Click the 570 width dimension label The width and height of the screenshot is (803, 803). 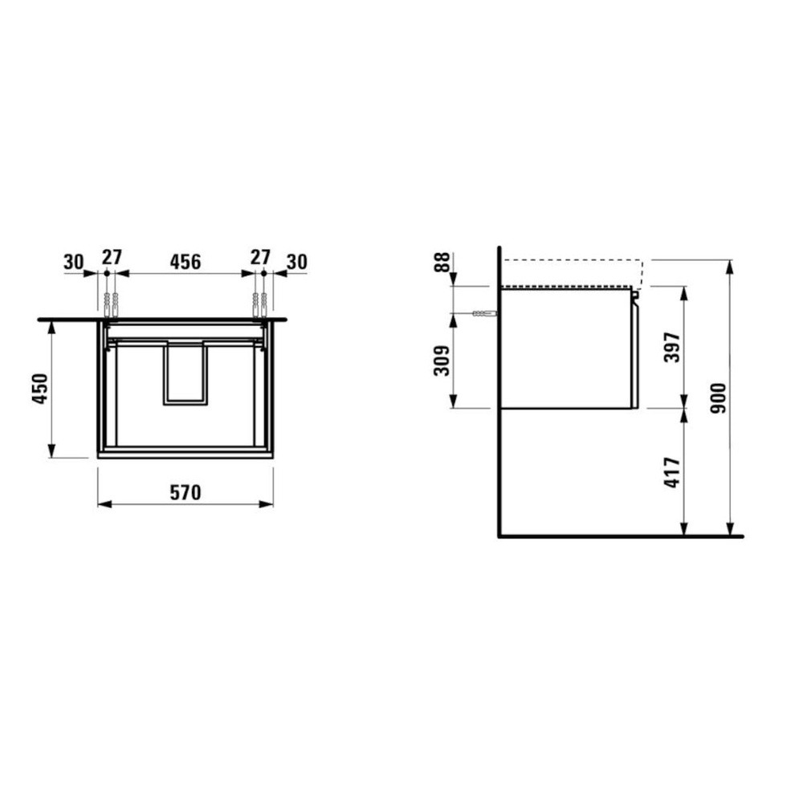click(x=185, y=493)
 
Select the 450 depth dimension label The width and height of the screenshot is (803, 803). click(x=40, y=389)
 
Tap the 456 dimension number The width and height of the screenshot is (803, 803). click(x=185, y=262)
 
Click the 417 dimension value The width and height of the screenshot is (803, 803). click(x=672, y=472)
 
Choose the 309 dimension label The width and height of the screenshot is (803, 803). click(x=442, y=361)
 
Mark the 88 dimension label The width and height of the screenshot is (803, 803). click(x=442, y=262)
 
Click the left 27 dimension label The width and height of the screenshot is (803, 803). click(x=112, y=257)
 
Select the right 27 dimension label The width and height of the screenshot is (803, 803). click(x=260, y=257)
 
